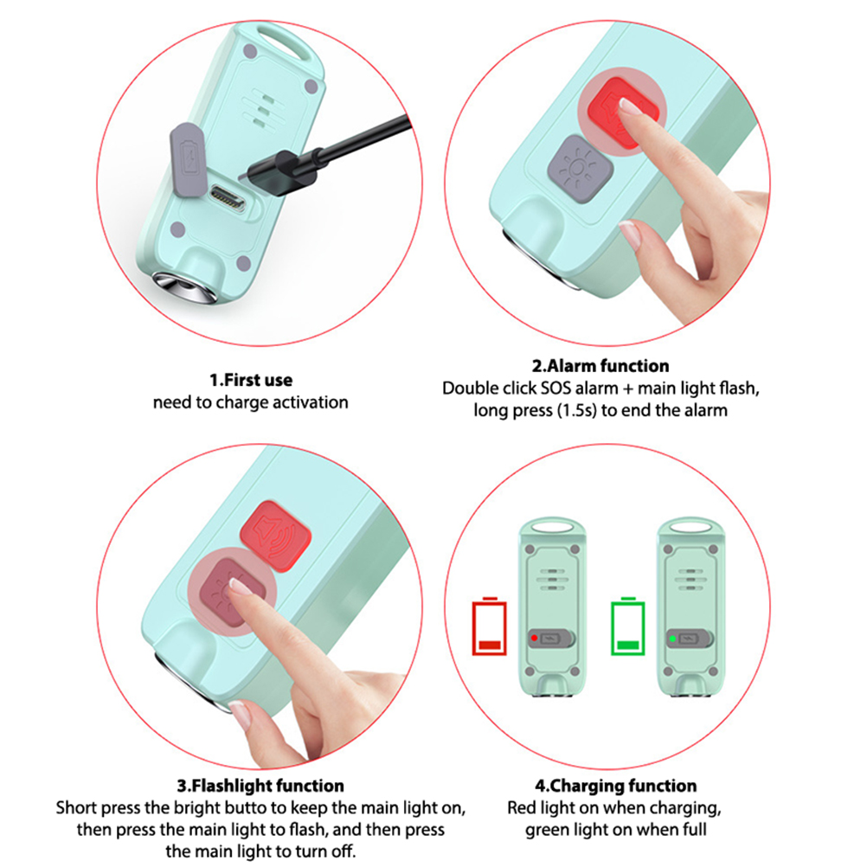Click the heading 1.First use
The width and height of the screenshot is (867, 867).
(x=250, y=380)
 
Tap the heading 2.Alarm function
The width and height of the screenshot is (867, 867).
(x=600, y=365)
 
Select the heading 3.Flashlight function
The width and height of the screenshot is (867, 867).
(x=260, y=785)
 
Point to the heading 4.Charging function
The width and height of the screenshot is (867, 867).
(x=615, y=785)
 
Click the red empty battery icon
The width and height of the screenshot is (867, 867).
(x=490, y=626)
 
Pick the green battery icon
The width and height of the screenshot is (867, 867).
(x=627, y=626)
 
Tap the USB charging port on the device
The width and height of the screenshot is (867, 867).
(x=228, y=198)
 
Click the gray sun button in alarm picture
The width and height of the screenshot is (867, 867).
(x=580, y=168)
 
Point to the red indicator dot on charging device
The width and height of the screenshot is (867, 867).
(x=534, y=638)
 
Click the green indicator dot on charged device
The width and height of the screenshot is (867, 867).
(x=672, y=638)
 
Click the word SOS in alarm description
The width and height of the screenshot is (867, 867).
(x=556, y=389)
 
